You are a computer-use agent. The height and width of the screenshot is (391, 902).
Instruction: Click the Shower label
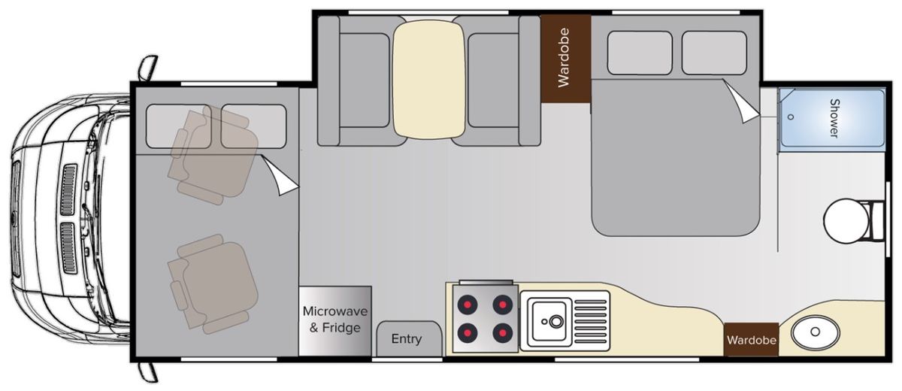(x=834, y=118)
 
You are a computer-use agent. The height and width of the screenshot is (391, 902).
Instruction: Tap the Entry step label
(x=407, y=339)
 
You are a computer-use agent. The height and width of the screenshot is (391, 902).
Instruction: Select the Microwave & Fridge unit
(x=334, y=321)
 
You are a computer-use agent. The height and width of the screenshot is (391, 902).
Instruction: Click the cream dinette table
(x=429, y=80)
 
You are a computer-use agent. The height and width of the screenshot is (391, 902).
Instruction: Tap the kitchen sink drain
(x=556, y=321)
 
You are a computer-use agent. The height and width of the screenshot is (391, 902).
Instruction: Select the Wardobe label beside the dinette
(x=564, y=58)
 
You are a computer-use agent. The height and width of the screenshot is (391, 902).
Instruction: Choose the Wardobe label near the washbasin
(x=752, y=341)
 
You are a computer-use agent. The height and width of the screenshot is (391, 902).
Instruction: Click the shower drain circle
(x=791, y=117)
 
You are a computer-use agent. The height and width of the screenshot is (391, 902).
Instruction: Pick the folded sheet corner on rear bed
(x=742, y=101)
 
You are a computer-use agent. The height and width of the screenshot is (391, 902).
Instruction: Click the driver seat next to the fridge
(x=213, y=284)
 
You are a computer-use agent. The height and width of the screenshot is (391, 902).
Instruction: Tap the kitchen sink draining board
(x=590, y=322)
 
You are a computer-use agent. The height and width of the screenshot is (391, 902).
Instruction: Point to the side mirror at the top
(x=148, y=68)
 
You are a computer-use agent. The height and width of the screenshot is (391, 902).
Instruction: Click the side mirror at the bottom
(x=148, y=372)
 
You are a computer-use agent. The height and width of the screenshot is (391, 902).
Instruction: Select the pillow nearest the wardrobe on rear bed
(x=640, y=53)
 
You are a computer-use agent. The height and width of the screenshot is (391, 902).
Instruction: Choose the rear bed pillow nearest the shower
(x=714, y=53)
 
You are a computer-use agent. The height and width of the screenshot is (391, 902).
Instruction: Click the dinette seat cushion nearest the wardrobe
(x=493, y=80)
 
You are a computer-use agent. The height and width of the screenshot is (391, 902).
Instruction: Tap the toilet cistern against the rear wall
(x=877, y=222)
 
